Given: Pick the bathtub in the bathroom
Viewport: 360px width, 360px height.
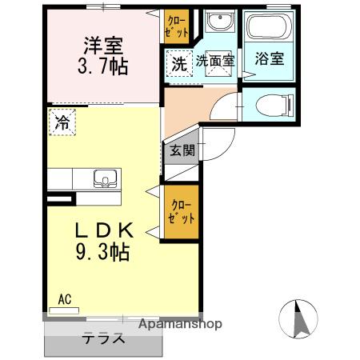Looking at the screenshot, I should tap(267, 29).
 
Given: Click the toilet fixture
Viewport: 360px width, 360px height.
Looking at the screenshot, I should tap(272, 104).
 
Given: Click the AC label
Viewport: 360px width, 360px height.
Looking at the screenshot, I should tap(65, 300).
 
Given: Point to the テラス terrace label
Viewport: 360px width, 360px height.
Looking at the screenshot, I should tap(104, 338).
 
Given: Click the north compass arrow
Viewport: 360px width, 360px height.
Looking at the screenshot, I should tap(302, 318).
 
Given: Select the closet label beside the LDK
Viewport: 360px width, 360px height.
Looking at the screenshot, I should tap(181, 211).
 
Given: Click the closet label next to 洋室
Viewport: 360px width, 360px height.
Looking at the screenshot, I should tap(178, 27).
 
